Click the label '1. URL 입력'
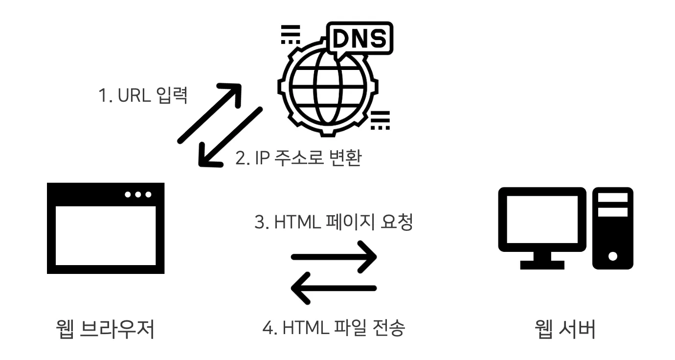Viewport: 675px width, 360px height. click(x=143, y=95)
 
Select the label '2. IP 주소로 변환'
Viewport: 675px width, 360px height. click(x=298, y=157)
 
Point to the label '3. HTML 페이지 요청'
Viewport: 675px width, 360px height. click(x=334, y=223)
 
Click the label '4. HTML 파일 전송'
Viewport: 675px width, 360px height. click(x=334, y=328)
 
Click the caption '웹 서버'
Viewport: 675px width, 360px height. click(x=565, y=329)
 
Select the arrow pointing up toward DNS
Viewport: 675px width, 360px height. click(x=209, y=112)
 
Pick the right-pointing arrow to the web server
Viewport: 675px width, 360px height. click(x=334, y=256)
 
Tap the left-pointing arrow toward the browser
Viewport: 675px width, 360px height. click(x=334, y=289)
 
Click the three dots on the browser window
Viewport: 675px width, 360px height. click(x=138, y=195)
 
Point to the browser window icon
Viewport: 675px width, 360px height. click(x=106, y=228)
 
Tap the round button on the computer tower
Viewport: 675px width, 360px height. click(x=613, y=255)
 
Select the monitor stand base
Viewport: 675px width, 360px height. click(x=542, y=265)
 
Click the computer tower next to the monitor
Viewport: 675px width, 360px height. click(x=613, y=228)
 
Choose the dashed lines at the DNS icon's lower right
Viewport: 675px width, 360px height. click(x=380, y=120)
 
